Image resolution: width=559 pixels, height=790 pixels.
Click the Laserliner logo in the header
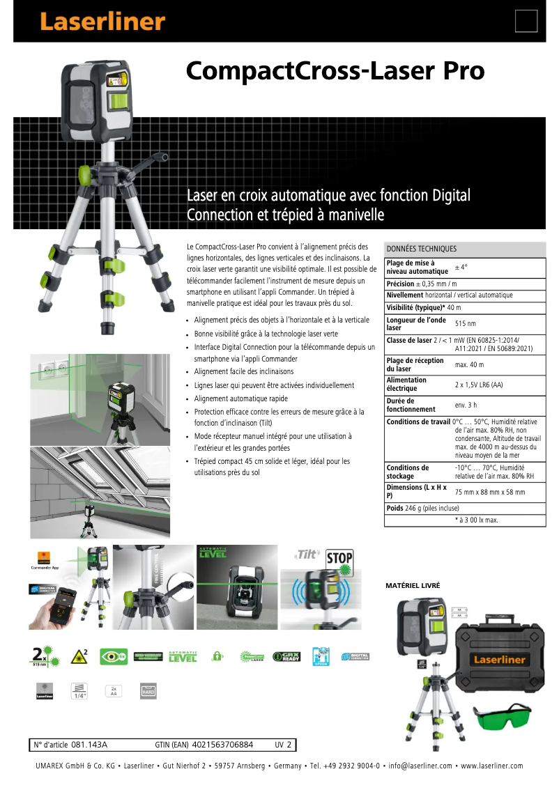click(x=102, y=22)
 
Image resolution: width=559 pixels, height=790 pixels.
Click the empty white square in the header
click(x=526, y=21)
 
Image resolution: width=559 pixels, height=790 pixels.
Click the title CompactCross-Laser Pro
click(x=335, y=72)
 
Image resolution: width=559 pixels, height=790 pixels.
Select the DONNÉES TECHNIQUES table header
click(x=422, y=249)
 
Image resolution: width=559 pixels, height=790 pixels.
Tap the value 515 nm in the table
click(x=466, y=324)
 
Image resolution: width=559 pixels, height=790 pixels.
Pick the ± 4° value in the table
click(x=461, y=267)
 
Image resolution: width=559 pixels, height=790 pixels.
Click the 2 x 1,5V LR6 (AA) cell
click(x=479, y=385)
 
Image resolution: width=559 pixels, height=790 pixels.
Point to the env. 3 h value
click(x=466, y=405)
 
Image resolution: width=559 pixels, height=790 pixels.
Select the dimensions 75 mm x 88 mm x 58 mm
click(x=490, y=492)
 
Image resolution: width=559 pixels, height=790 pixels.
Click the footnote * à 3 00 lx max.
click(x=477, y=520)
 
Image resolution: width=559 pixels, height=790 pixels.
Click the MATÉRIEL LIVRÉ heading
click(x=413, y=586)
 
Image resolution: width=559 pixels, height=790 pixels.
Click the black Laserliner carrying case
click(x=496, y=655)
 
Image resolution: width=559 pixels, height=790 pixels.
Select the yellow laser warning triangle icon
click(x=79, y=656)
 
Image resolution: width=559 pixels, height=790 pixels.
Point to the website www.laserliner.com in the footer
click(x=491, y=766)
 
